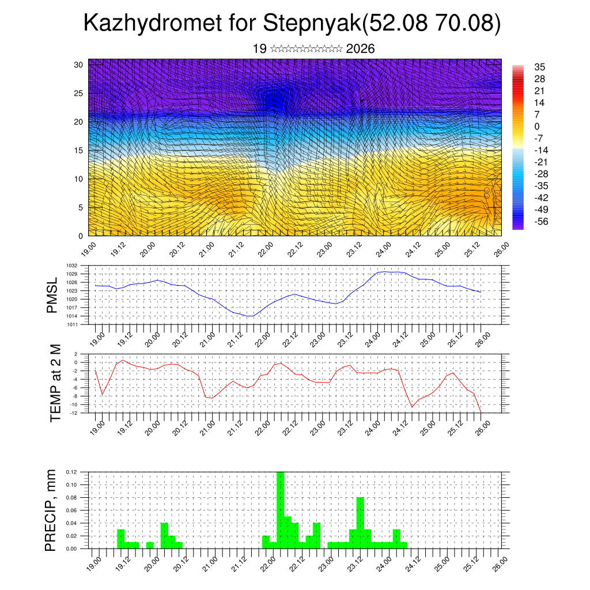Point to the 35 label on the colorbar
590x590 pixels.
[540, 67]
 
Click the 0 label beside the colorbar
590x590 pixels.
[537, 126]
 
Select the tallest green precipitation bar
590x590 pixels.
[281, 510]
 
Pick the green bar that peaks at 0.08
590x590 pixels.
[360, 523]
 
